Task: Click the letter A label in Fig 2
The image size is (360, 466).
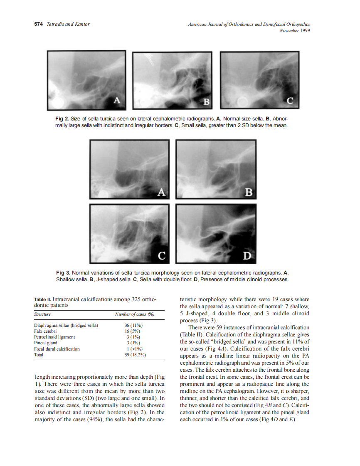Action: [x=117, y=100]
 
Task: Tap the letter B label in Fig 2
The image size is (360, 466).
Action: [x=205, y=101]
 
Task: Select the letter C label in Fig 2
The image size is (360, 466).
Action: [x=290, y=100]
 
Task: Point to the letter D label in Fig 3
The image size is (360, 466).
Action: [x=247, y=255]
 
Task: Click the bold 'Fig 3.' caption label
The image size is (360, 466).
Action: [x=63, y=273]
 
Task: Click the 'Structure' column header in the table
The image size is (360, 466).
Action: [x=42, y=315]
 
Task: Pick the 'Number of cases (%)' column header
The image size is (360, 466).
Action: [x=134, y=315]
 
